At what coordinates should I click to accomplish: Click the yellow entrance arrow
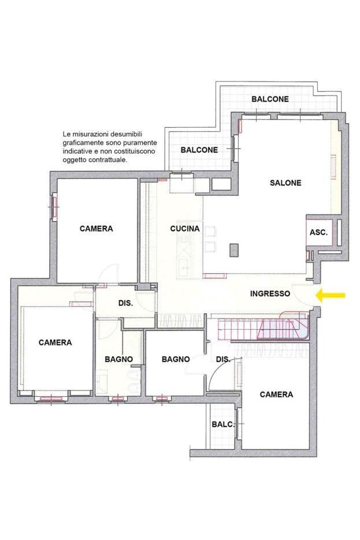(x=331, y=295)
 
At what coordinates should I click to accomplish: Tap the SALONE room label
(x=285, y=183)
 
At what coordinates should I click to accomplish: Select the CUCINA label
(x=185, y=229)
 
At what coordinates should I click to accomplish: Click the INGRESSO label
(x=270, y=294)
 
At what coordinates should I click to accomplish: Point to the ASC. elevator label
(x=318, y=233)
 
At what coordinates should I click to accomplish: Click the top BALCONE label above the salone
(x=270, y=99)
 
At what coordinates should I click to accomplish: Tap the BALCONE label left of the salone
(x=199, y=150)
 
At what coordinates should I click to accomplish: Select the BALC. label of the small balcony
(x=223, y=424)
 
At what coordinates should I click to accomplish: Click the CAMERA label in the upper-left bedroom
(x=96, y=229)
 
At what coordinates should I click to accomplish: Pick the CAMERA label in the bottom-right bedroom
(x=276, y=394)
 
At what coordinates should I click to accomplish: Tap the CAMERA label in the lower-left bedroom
(x=55, y=342)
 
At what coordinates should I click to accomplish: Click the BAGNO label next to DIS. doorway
(x=176, y=359)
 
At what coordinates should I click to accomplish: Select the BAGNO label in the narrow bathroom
(x=119, y=359)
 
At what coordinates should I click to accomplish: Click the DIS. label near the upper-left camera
(x=126, y=303)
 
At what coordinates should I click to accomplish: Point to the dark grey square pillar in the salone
(x=234, y=249)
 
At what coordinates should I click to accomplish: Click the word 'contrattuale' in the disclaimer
(x=110, y=160)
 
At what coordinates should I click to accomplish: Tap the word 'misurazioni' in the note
(x=91, y=134)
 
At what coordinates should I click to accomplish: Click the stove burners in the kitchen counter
(x=183, y=238)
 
